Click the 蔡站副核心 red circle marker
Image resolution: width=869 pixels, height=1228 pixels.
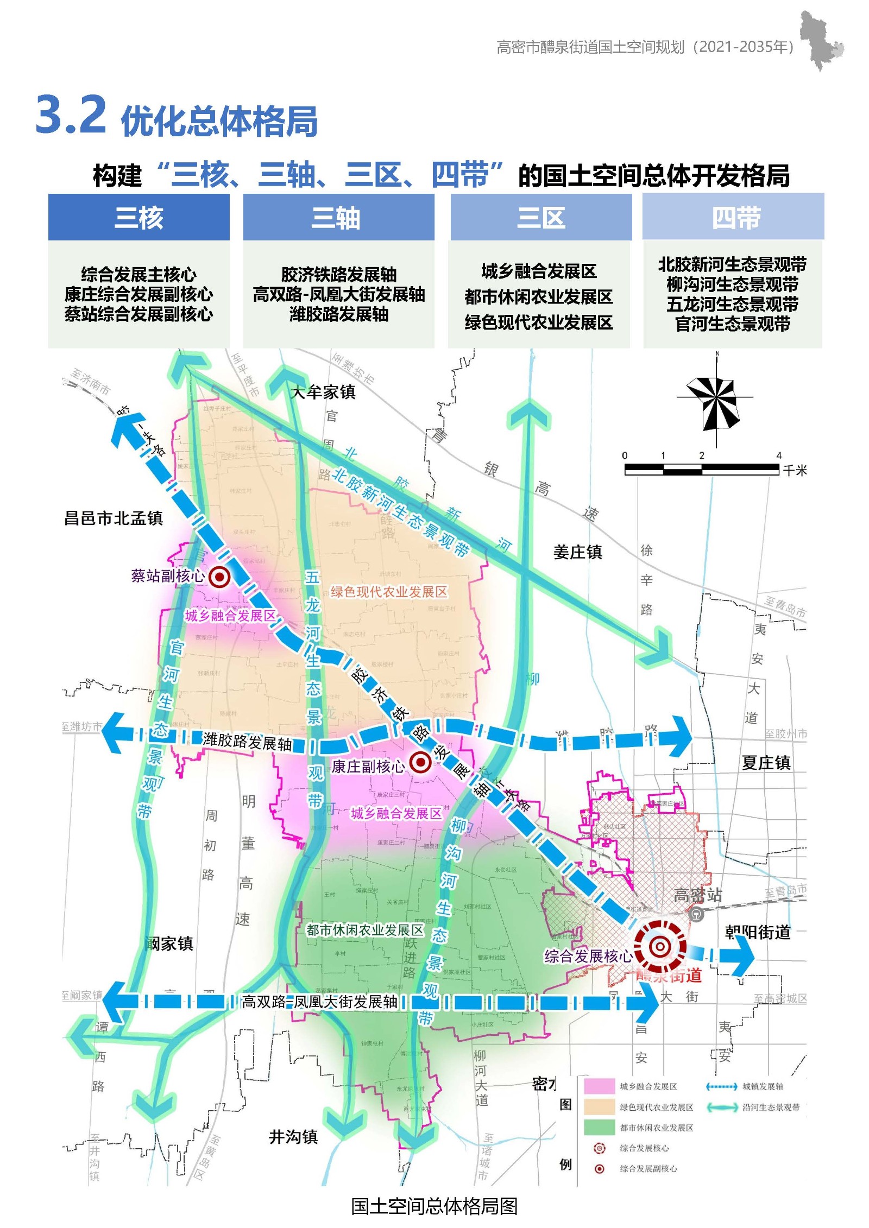point(219,577)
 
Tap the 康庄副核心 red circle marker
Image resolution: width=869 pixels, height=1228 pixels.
point(420,762)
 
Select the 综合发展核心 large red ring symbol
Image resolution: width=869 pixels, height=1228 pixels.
point(660,947)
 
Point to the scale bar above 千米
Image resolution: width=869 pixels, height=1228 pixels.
point(701,470)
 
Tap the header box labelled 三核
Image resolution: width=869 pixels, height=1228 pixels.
point(139,218)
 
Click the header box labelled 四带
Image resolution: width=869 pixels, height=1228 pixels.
point(733,217)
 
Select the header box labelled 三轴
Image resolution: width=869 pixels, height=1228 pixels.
point(338,218)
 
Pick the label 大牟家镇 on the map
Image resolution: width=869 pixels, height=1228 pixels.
point(324,392)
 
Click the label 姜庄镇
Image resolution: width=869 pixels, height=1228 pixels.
point(578,552)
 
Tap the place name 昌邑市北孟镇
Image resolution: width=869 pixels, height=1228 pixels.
point(114,518)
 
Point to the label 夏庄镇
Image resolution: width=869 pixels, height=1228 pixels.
point(766,763)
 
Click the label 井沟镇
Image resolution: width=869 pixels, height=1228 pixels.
point(293,1136)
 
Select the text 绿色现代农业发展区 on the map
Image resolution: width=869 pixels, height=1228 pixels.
point(389,591)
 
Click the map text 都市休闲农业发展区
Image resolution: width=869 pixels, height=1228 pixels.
point(365,930)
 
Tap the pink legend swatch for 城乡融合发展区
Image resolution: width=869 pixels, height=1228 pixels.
point(599,1086)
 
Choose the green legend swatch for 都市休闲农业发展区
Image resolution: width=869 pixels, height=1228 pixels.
point(599,1128)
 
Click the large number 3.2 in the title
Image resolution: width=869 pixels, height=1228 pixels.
point(71,115)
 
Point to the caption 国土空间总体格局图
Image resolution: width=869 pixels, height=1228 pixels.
point(434,1206)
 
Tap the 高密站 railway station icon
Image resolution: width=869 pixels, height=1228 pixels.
point(696,914)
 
